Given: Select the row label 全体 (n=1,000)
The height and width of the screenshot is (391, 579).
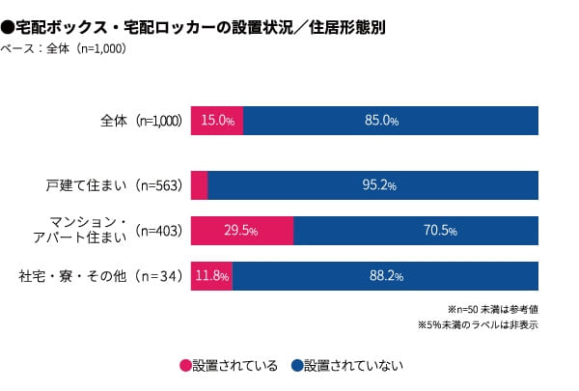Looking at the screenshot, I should coord(141,122).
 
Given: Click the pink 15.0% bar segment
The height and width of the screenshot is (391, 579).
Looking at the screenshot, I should coord(217,122).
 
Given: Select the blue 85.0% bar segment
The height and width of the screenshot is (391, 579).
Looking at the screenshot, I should coord(391,122).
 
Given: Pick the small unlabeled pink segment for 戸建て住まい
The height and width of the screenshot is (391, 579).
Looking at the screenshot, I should coord(200,184).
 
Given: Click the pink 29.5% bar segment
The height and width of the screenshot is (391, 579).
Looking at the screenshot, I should coord(242,231).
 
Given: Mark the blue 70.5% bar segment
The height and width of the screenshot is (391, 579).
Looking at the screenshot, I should coord(416,231).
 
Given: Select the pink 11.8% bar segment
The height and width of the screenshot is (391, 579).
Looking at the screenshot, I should coord(211,276).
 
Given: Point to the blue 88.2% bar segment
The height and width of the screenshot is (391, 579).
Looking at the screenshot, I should coord(385,276).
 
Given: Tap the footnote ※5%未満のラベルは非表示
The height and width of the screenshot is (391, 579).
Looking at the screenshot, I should coord(478,325).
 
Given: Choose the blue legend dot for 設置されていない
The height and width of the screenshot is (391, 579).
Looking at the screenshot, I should coord(296,366).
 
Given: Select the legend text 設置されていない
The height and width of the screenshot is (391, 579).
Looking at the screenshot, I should coord(353,366).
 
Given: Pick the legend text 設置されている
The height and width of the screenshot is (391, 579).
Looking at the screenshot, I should coord(235,366).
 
